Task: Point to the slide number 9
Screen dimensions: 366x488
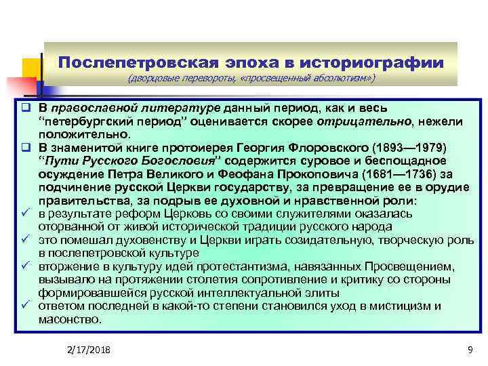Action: click(470, 348)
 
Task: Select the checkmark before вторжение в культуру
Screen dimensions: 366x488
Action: click(24, 266)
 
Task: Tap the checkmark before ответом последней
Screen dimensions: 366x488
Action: click(24, 306)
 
